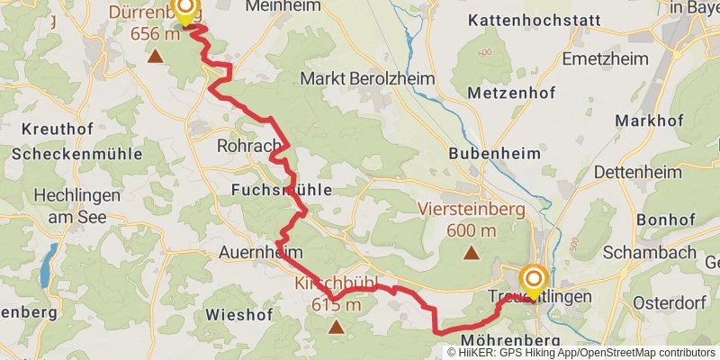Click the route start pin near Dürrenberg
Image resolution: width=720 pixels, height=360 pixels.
184,11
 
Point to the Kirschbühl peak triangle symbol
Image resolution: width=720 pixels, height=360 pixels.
337,327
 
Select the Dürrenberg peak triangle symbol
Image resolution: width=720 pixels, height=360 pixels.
155,57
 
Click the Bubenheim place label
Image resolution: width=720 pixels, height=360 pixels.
488,154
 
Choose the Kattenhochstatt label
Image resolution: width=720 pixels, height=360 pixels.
523,19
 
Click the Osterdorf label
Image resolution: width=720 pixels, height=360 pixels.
672,302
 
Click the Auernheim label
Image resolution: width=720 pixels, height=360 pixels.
260,253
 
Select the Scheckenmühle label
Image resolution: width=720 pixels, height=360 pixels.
76,154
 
